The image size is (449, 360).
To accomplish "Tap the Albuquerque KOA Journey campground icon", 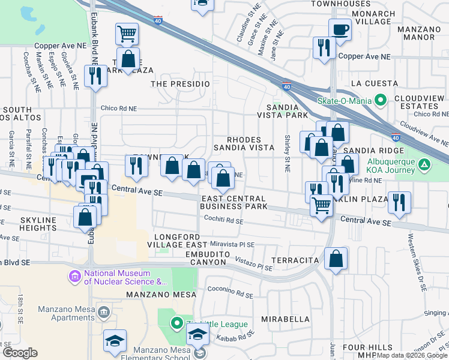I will tap(424, 164).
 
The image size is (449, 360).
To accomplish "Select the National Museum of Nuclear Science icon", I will tap(74, 277).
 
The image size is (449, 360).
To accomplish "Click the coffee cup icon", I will tap(340, 29).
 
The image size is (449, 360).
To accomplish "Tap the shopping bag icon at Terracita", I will tap(337, 259).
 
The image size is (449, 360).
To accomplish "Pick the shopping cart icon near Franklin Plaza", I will tap(322, 205).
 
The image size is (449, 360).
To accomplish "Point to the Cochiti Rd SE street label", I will tap(222, 221).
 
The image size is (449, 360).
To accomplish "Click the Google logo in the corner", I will tap(20, 353).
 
